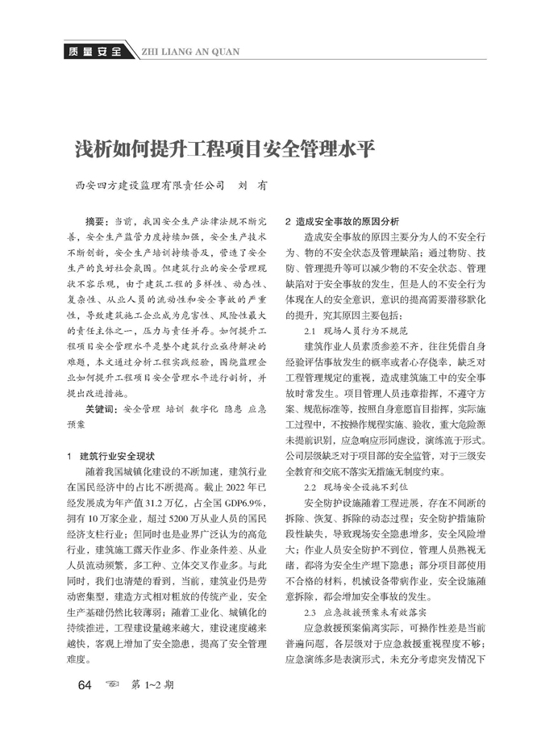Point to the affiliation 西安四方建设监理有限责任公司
tap(150, 186)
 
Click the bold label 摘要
tap(99, 221)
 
